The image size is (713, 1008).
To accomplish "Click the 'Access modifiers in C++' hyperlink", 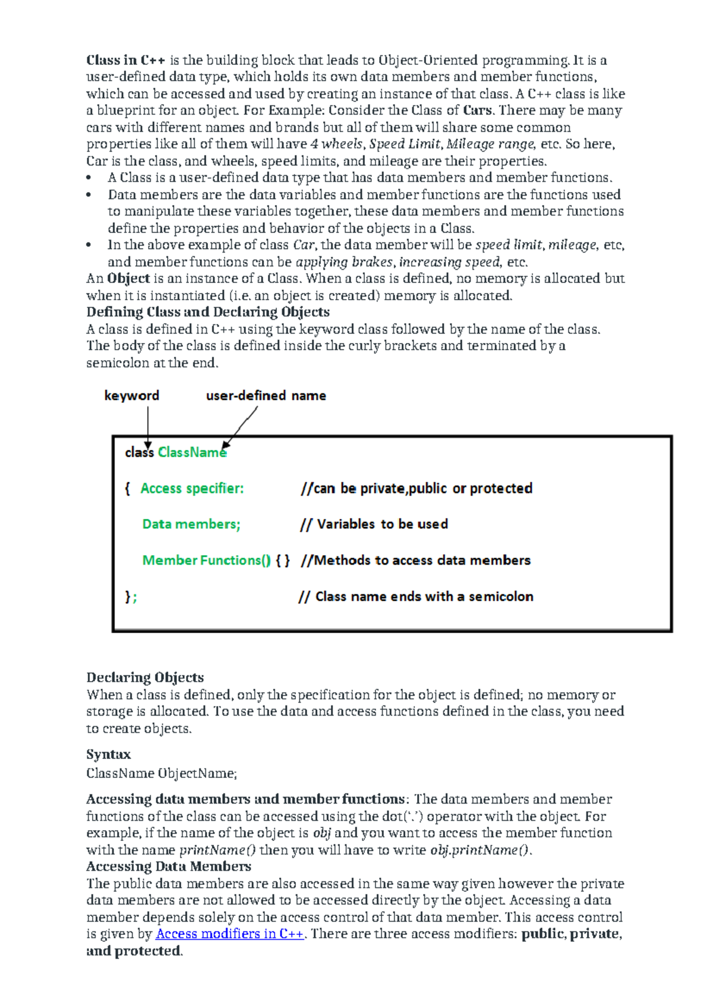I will (x=230, y=934).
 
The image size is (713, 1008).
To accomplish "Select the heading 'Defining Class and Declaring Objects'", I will (x=207, y=312).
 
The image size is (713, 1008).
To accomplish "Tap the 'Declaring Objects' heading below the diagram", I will (x=145, y=678).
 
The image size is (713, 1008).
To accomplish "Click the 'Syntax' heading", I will (x=108, y=754).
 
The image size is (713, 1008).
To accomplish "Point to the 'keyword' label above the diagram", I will (x=131, y=396).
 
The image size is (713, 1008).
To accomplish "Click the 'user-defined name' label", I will (x=266, y=396).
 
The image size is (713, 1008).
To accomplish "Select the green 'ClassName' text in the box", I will (x=191, y=453).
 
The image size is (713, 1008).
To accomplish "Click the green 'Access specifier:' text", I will (x=192, y=489).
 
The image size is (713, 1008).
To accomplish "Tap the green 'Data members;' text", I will (x=191, y=524).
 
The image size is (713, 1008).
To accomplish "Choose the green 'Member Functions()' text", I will (x=206, y=560).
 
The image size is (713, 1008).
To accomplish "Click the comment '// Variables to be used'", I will (x=374, y=524).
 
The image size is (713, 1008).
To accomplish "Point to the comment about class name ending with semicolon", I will (x=415, y=597).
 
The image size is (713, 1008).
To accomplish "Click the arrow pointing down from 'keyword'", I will (x=147, y=425).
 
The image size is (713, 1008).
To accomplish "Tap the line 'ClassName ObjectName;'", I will (x=162, y=773).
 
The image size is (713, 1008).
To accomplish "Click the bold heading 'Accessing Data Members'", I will (x=169, y=867).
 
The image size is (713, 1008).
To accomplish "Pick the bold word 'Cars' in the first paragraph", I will (x=478, y=111).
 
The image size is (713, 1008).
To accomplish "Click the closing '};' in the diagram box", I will (x=131, y=597).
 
